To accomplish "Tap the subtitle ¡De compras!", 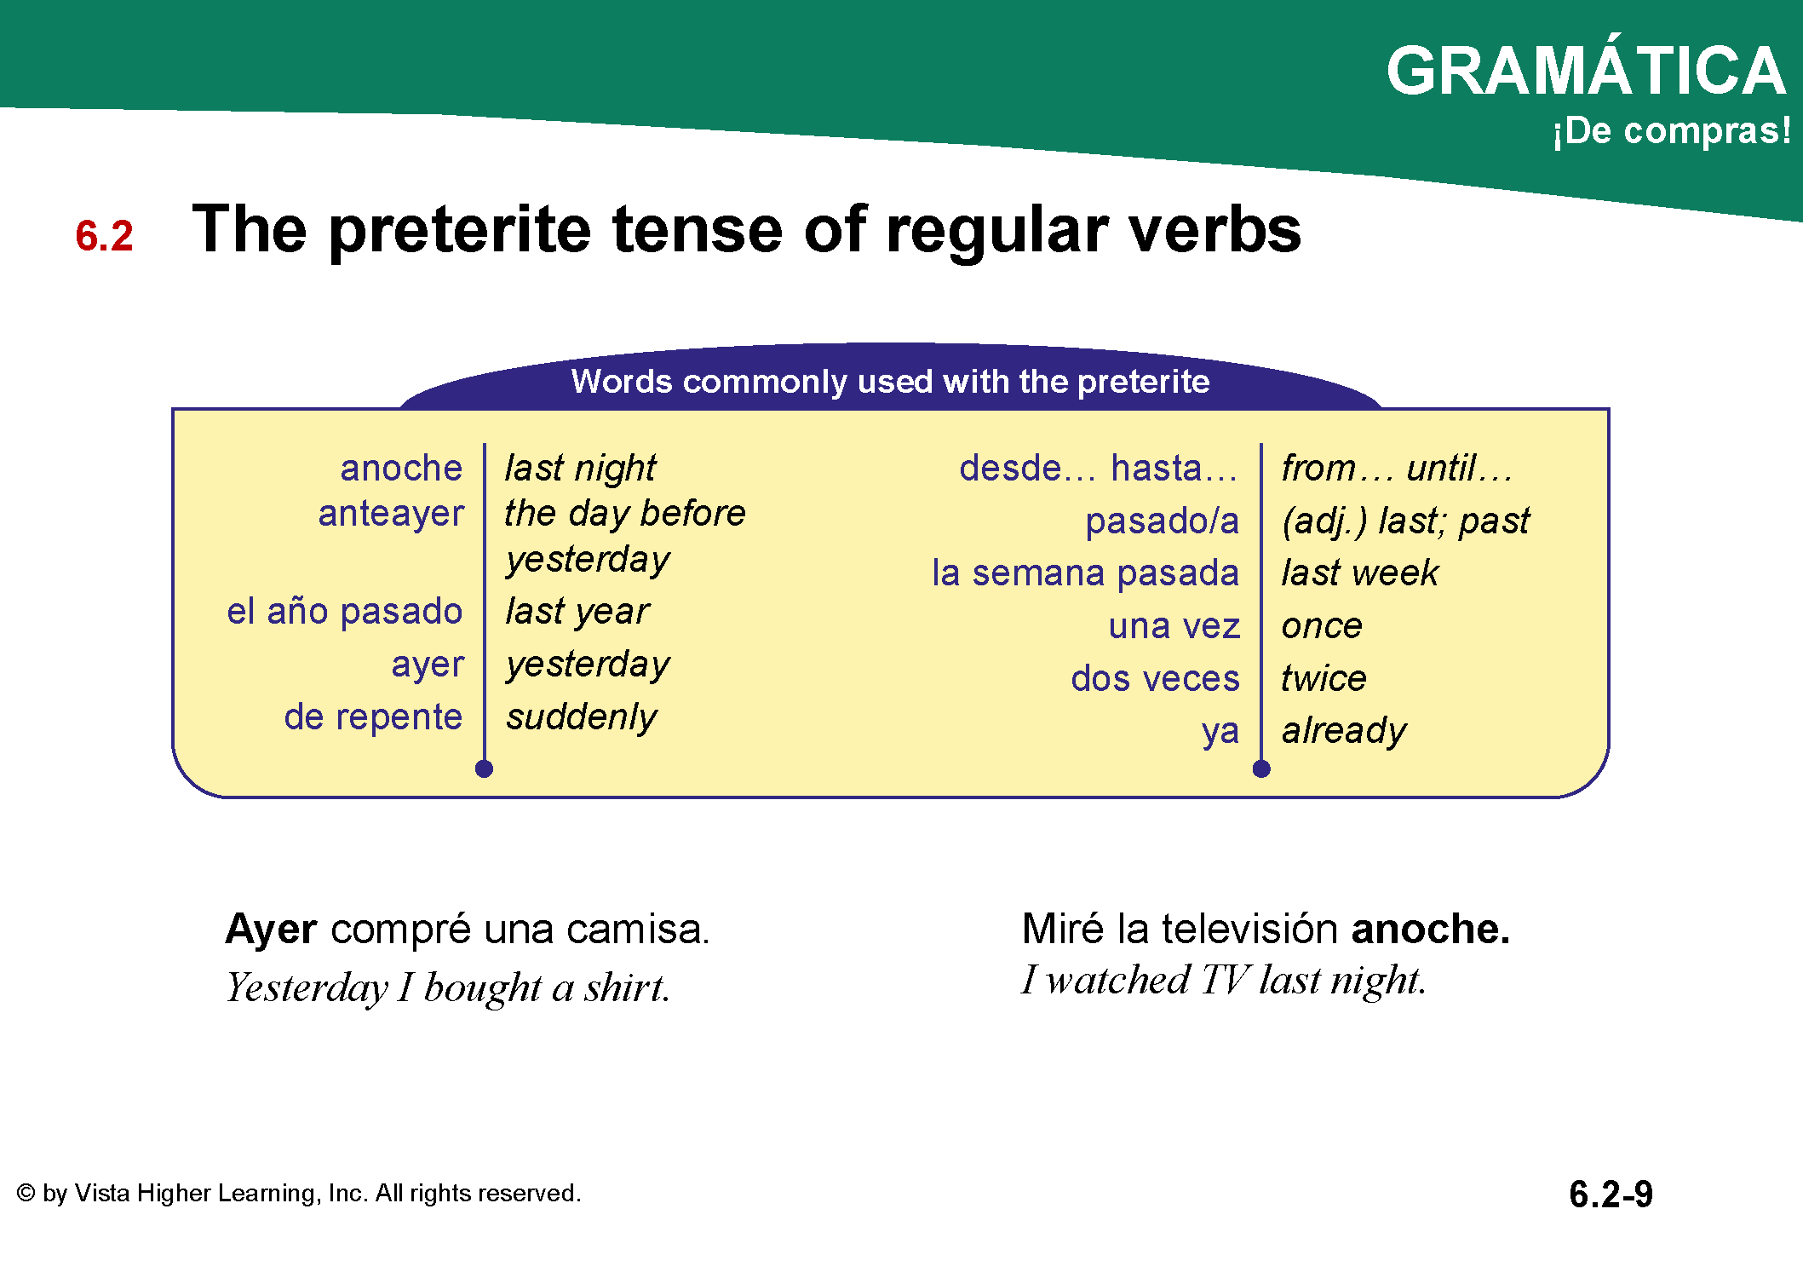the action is pos(1671,131).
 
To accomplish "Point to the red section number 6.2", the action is pos(104,236).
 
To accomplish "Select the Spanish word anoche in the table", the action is pos(401,468).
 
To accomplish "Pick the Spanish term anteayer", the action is pos(391,514).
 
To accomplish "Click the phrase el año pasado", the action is pos(344,612).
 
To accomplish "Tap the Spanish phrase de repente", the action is pos(373,717).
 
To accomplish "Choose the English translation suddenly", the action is pos(582,717).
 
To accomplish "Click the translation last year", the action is pos(577,612).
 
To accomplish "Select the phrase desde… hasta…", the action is pos(1098,468).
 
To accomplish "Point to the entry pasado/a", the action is pos(1162,521).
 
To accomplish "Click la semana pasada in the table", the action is pos(1085,573).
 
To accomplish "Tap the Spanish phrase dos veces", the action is pos(1155,678).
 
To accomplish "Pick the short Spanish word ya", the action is pos(1220,732).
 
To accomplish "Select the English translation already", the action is pos(1344,731).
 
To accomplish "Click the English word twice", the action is pos(1324,678).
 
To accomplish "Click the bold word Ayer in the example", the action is pos(272,930).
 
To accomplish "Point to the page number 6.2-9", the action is pos(1611,1194).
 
